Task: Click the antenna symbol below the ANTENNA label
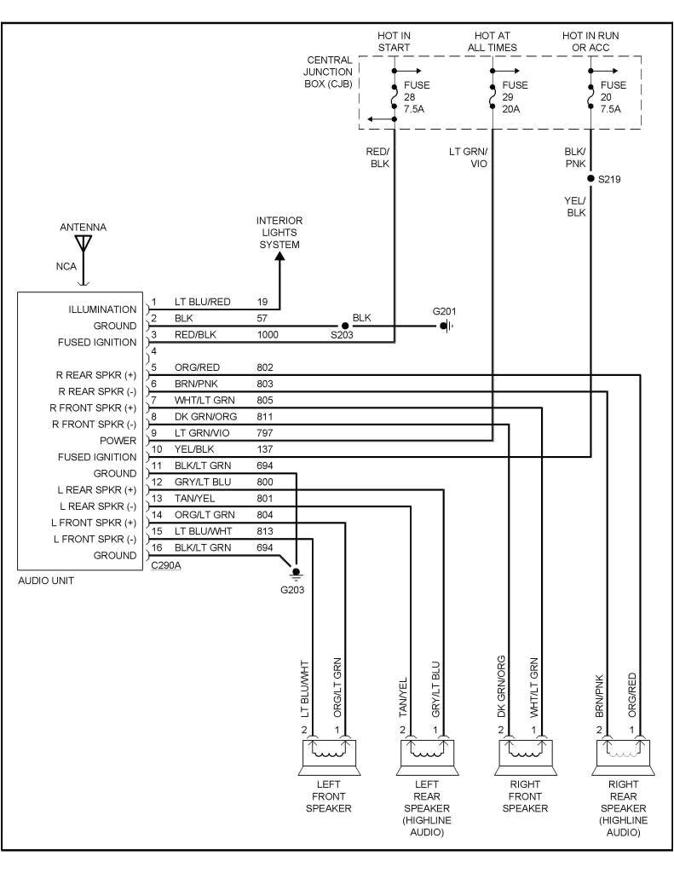83,243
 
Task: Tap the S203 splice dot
345,326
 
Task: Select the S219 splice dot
590,179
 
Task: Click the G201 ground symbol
446,326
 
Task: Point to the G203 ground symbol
296,572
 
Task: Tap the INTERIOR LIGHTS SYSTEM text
279,233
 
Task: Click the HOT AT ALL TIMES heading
492,41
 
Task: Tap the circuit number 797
265,433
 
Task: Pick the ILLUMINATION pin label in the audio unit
102,309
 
